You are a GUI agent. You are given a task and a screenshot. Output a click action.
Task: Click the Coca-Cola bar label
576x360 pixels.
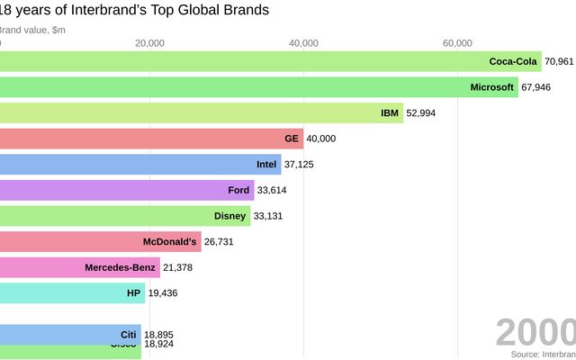[x=513, y=61]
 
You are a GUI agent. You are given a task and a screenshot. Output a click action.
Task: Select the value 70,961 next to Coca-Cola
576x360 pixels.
[x=559, y=61]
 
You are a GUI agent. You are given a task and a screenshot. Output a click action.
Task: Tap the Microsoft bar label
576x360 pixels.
[x=492, y=87]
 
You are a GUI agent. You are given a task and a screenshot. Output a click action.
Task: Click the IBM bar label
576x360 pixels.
[x=390, y=113]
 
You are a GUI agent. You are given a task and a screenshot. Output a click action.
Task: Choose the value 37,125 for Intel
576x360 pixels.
[x=301, y=165]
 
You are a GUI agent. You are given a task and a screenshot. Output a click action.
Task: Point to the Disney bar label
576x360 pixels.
[x=229, y=216]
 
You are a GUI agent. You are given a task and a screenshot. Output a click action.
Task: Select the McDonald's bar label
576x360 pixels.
[x=169, y=242]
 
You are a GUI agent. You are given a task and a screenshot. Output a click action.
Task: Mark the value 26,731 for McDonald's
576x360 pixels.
[x=221, y=242]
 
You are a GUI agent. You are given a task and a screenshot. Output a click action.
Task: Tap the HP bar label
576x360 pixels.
[x=134, y=293]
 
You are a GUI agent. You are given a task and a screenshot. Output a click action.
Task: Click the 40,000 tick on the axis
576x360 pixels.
[x=304, y=43]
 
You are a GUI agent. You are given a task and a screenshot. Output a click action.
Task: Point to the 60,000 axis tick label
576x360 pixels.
[x=458, y=43]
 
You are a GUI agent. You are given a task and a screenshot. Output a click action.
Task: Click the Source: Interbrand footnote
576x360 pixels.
[x=543, y=355]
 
